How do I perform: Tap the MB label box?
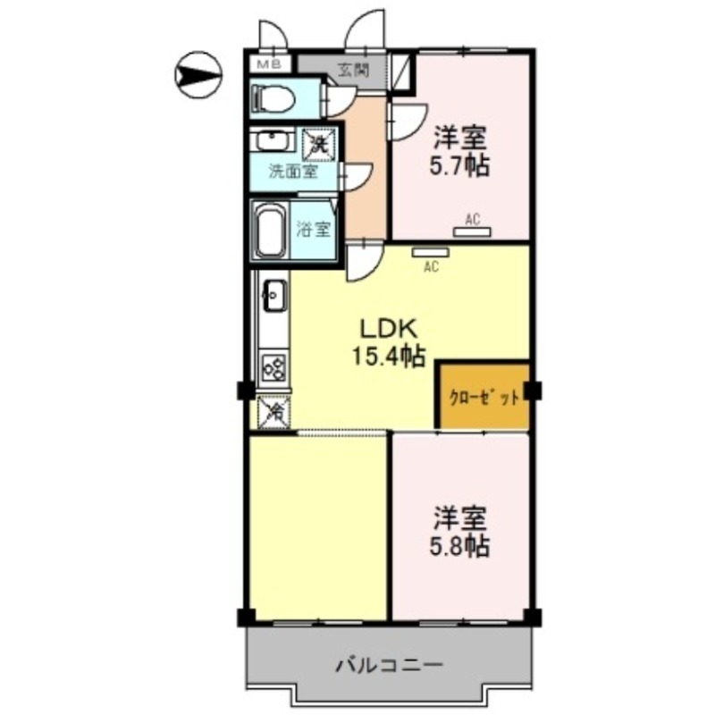coord(267,65)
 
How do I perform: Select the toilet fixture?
coord(273,98)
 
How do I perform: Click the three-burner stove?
coord(273,367)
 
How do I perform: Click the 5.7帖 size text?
coord(461,166)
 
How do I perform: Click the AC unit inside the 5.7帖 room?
coord(472,231)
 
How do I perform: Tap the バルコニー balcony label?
coord(389,666)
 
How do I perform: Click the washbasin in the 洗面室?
coord(270,142)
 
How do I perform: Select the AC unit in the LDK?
coord(432,252)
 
